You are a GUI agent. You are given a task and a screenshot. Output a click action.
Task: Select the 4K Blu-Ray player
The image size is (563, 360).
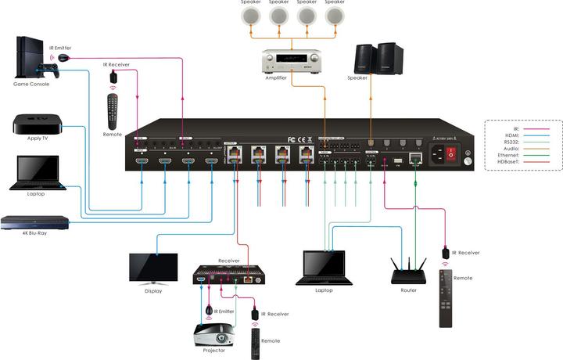pos(35,221)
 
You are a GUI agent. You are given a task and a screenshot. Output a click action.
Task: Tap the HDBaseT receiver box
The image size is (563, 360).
pos(227,274)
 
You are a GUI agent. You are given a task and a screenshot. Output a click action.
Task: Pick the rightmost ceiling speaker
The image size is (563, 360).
pos(335,16)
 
